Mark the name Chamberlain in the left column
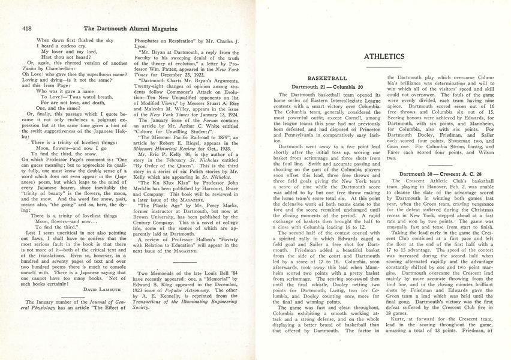pyautogui.click(x=62, y=68)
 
